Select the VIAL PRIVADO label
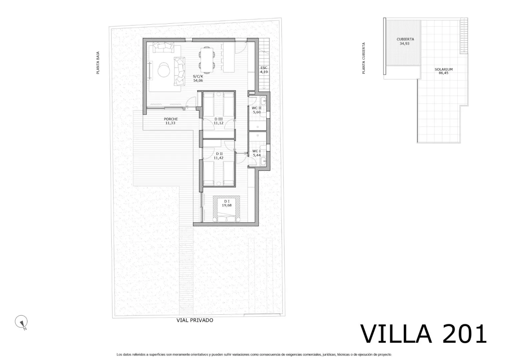pyautogui.click(x=195, y=320)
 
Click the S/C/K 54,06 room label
pyautogui.click(x=198, y=78)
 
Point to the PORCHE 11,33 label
pyautogui.click(x=171, y=121)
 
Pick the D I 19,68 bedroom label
pyautogui.click(x=227, y=203)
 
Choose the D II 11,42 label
pyautogui.click(x=219, y=156)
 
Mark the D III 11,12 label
pyautogui.click(x=219, y=121)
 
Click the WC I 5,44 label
pyautogui.click(x=257, y=153)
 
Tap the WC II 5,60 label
pyautogui.click(x=257, y=110)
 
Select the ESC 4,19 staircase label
pyautogui.click(x=264, y=70)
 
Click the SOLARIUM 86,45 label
pyautogui.click(x=444, y=71)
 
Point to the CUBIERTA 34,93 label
pyautogui.click(x=405, y=41)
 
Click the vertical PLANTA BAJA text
pyautogui.click(x=98, y=63)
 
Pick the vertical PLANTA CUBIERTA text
pyautogui.click(x=363, y=58)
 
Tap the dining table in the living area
pyautogui.click(x=207, y=60)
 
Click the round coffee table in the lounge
pyautogui.click(x=164, y=70)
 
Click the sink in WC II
pyautogui.click(x=263, y=100)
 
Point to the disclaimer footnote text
pyautogui.click(x=254, y=355)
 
